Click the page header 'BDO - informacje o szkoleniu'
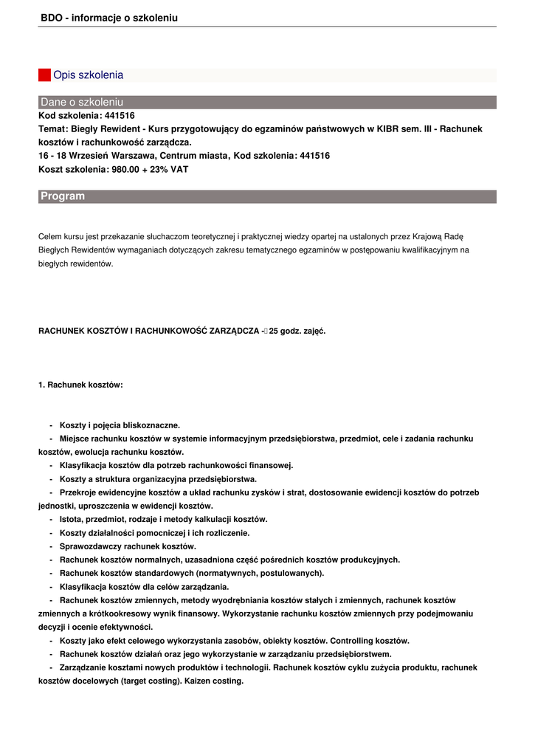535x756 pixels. click(x=109, y=17)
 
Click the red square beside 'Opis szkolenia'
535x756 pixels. click(x=44, y=75)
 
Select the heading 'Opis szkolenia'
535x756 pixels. click(x=88, y=75)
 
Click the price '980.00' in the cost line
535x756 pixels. click(x=124, y=169)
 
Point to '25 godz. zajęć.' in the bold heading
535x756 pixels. click(x=297, y=331)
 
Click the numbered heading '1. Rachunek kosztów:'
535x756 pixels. click(x=80, y=385)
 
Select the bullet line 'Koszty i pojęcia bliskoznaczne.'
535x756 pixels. click(x=120, y=425)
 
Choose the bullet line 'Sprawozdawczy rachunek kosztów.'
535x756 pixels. click(x=128, y=546)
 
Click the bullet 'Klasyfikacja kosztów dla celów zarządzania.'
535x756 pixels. click(x=144, y=587)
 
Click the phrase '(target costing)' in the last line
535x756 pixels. click(x=151, y=681)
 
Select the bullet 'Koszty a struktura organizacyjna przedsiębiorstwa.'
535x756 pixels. click(x=158, y=479)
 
